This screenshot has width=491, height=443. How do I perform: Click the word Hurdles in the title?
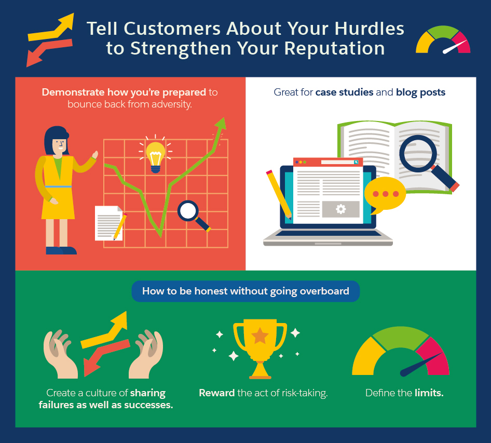[x=369, y=29]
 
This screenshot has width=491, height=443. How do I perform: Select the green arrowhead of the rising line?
[x=221, y=123]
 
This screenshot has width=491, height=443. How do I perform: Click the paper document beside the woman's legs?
[x=108, y=223]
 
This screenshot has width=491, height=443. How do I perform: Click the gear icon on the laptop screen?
[x=340, y=209]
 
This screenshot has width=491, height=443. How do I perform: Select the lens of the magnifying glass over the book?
[x=418, y=154]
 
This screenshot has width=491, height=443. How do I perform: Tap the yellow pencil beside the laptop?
[x=279, y=194]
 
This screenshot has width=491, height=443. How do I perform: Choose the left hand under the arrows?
[x=60, y=354]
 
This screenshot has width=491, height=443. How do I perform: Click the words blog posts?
[x=420, y=92]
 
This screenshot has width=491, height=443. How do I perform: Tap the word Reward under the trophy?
[x=216, y=393]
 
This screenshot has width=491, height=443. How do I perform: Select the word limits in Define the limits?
[x=429, y=393]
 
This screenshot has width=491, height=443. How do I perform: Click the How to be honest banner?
[x=245, y=291]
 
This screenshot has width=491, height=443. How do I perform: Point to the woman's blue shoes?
[x=61, y=250]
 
